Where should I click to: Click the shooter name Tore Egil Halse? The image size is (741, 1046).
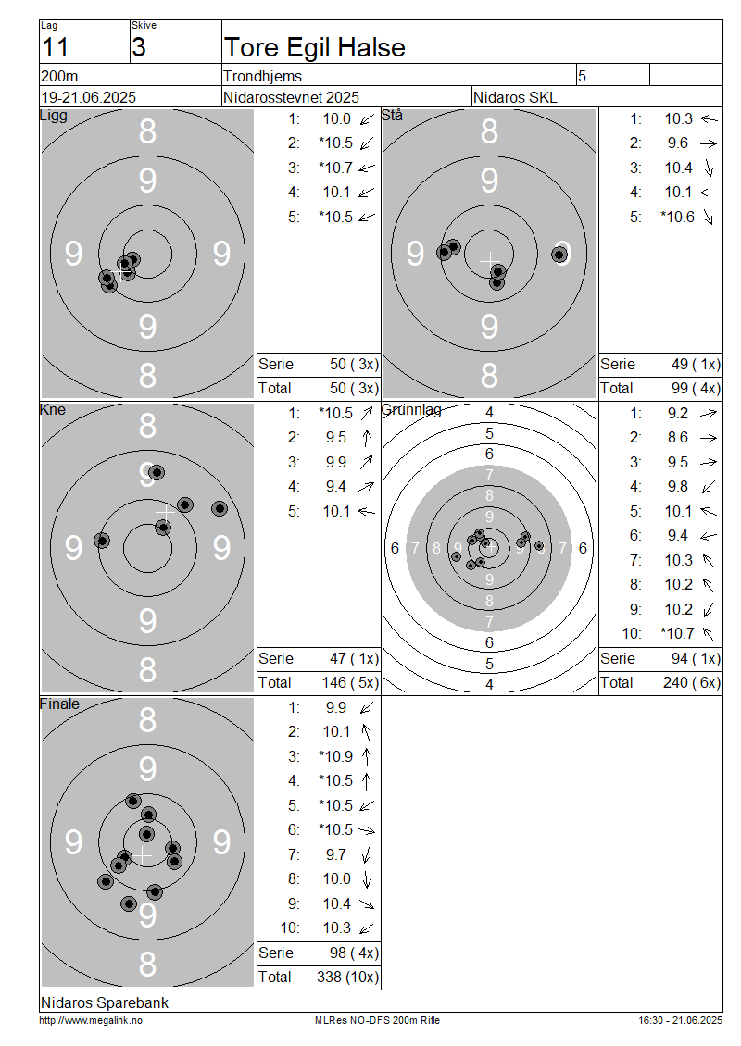click(x=314, y=47)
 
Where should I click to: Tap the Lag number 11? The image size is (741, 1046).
click(x=55, y=48)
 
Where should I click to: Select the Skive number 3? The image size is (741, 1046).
click(x=138, y=48)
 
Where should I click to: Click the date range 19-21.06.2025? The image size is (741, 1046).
click(x=88, y=97)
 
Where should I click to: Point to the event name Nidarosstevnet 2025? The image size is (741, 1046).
click(x=291, y=97)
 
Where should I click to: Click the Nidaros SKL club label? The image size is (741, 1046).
click(x=515, y=97)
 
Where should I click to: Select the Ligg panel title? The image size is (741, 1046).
click(x=54, y=116)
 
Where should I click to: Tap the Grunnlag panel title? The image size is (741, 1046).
click(x=411, y=409)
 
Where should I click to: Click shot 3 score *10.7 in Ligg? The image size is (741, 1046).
click(x=336, y=168)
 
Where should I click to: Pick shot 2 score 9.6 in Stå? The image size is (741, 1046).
click(x=678, y=143)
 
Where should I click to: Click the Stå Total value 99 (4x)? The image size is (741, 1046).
click(x=696, y=388)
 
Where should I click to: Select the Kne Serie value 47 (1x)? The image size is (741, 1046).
click(x=354, y=658)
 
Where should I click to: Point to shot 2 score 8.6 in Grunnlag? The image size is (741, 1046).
click(x=678, y=437)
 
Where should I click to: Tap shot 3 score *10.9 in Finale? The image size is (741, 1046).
click(x=336, y=756)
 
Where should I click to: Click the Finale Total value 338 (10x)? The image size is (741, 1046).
click(x=347, y=977)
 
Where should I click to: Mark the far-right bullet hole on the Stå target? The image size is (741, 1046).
click(x=559, y=255)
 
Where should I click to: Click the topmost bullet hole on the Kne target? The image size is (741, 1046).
click(x=157, y=472)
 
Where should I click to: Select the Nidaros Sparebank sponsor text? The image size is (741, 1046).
click(x=104, y=1002)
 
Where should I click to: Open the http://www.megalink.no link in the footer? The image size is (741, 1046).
click(x=91, y=1020)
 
